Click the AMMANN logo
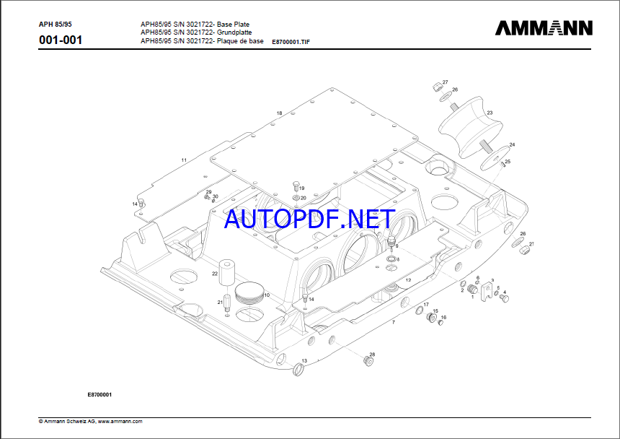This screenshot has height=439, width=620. [544, 28]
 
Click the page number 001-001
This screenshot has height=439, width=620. [61, 40]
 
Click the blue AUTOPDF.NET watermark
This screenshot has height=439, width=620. [309, 219]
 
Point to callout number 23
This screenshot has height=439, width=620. [490, 113]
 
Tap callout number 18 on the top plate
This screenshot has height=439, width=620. [279, 113]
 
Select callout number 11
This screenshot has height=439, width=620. [184, 160]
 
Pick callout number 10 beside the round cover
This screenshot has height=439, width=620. [267, 295]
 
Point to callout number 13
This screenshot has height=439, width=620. [304, 360]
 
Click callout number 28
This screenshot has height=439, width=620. [372, 355]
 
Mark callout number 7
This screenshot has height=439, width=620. [394, 321]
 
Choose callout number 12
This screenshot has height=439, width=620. [408, 280]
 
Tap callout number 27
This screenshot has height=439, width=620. [445, 82]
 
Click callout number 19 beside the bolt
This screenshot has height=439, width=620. [302, 188]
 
